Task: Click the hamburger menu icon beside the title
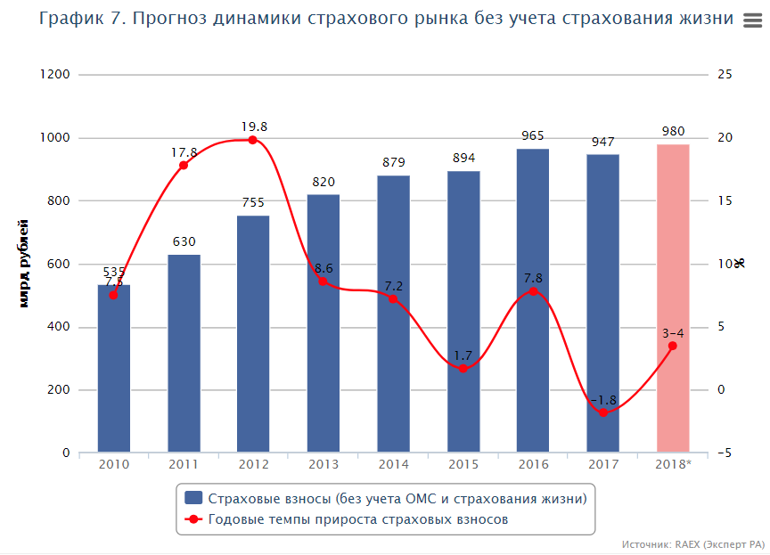[x=751, y=21]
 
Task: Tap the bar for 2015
[x=463, y=312]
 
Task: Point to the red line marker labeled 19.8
[x=253, y=140]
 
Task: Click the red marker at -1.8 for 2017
[x=603, y=412]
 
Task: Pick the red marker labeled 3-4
[x=673, y=346]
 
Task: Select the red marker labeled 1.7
[x=463, y=368]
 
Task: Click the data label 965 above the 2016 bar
[x=533, y=136]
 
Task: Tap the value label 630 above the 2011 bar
[x=184, y=241]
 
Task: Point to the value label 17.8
[x=184, y=152]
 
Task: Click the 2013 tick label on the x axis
[x=323, y=464]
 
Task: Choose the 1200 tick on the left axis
[x=55, y=75]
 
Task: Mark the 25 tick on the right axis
[x=725, y=75]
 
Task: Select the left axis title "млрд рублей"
[x=25, y=264]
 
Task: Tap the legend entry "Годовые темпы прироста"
[x=357, y=519]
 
